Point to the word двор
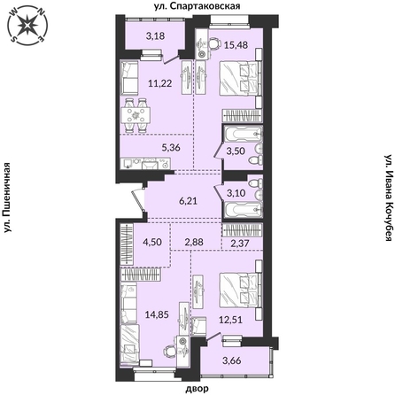point(197,388)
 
